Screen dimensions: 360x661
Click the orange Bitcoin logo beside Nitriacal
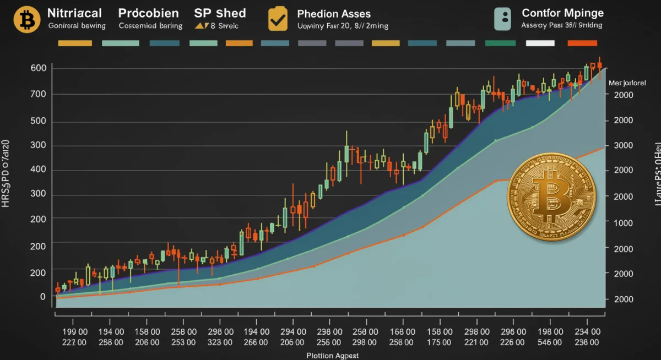[26, 19]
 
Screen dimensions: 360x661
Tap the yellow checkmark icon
[278, 19]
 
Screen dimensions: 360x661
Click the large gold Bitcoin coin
[551, 197]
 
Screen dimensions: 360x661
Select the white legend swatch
[540, 43]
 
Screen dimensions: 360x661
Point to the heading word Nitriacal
[74, 13]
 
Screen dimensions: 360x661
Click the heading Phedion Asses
[334, 14]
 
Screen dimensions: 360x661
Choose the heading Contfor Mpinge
[562, 13]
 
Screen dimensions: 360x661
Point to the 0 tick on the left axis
[42, 297]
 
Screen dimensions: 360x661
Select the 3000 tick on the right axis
[623, 145]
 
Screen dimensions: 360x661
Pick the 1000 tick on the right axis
[623, 222]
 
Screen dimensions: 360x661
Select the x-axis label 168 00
[402, 332]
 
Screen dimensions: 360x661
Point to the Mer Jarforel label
[626, 83]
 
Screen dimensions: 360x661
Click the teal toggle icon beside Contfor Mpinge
[502, 19]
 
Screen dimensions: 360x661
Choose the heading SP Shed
[220, 13]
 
